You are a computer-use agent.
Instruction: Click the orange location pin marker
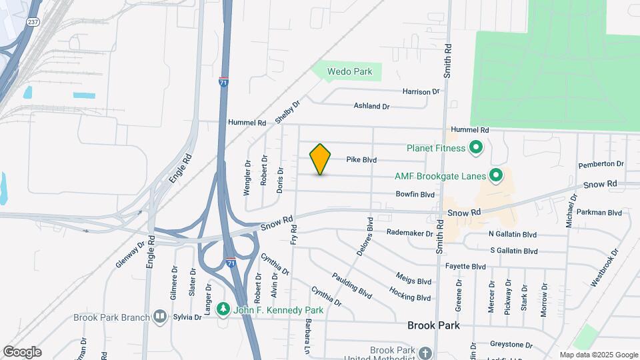pos(321,159)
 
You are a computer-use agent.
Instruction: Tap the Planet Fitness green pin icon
pos(476,147)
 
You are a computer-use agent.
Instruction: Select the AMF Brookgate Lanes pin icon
pos(495,176)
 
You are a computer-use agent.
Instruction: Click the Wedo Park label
pos(349,71)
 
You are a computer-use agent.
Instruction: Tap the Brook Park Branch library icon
pos(159,317)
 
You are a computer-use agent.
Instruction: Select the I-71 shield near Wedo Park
pos(224,83)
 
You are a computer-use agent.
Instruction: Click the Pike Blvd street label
pos(361,160)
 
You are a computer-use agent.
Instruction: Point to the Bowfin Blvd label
pos(415,195)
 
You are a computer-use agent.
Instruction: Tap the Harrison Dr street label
pos(421,91)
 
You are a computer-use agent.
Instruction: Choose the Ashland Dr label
pos(371,106)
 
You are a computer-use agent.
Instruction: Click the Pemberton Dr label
pos(601,164)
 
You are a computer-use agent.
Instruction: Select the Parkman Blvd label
pos(601,213)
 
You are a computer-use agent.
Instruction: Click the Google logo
pos(22,351)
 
